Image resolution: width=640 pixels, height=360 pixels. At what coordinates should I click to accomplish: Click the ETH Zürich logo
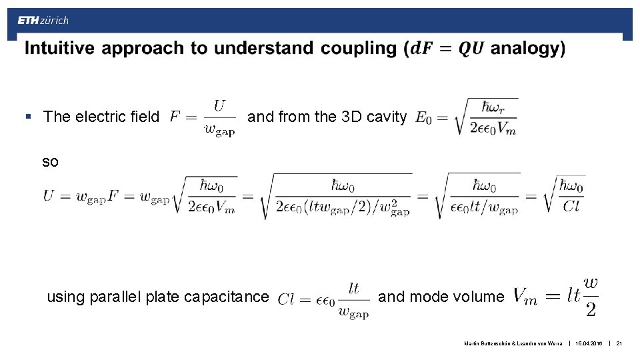click(x=43, y=21)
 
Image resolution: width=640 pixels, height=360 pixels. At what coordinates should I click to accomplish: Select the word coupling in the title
click(x=358, y=49)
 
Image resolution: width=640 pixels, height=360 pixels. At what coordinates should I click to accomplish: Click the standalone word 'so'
click(x=50, y=161)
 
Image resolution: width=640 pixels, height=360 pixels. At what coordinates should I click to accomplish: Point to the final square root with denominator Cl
click(x=564, y=194)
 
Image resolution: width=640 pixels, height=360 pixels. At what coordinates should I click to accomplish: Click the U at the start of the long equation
click(x=49, y=196)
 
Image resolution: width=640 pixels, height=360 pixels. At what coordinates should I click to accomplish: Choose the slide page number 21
click(x=619, y=343)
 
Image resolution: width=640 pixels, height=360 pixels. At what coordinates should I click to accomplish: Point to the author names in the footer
click(x=513, y=343)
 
